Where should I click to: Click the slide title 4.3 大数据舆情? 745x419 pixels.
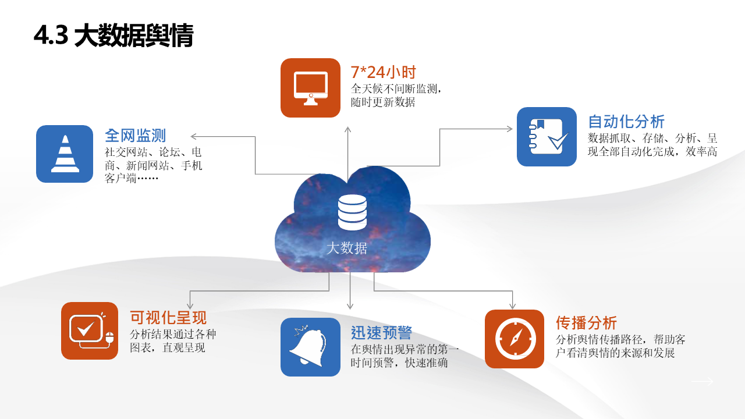click(x=113, y=36)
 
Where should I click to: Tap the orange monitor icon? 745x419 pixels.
click(x=310, y=88)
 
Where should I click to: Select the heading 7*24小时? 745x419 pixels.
click(x=383, y=72)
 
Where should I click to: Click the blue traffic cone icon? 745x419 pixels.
click(x=65, y=154)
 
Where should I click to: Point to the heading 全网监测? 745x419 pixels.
click(x=135, y=136)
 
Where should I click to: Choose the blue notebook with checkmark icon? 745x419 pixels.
click(x=547, y=137)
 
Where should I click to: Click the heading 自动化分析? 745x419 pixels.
click(x=626, y=122)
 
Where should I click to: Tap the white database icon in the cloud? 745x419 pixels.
click(x=352, y=212)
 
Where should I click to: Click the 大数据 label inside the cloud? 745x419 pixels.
click(x=347, y=248)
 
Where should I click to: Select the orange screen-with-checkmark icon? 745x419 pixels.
click(x=90, y=331)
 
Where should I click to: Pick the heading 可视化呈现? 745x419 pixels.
click(x=168, y=318)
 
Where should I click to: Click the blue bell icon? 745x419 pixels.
click(x=310, y=347)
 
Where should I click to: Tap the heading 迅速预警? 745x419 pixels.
click(x=381, y=332)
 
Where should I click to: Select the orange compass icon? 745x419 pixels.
click(x=515, y=339)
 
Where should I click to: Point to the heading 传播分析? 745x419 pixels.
click(x=586, y=322)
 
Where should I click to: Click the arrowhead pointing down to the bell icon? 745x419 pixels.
click(x=350, y=306)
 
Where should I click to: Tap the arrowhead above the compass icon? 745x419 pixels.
click(x=512, y=306)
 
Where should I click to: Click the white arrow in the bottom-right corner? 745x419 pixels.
click(x=702, y=382)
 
